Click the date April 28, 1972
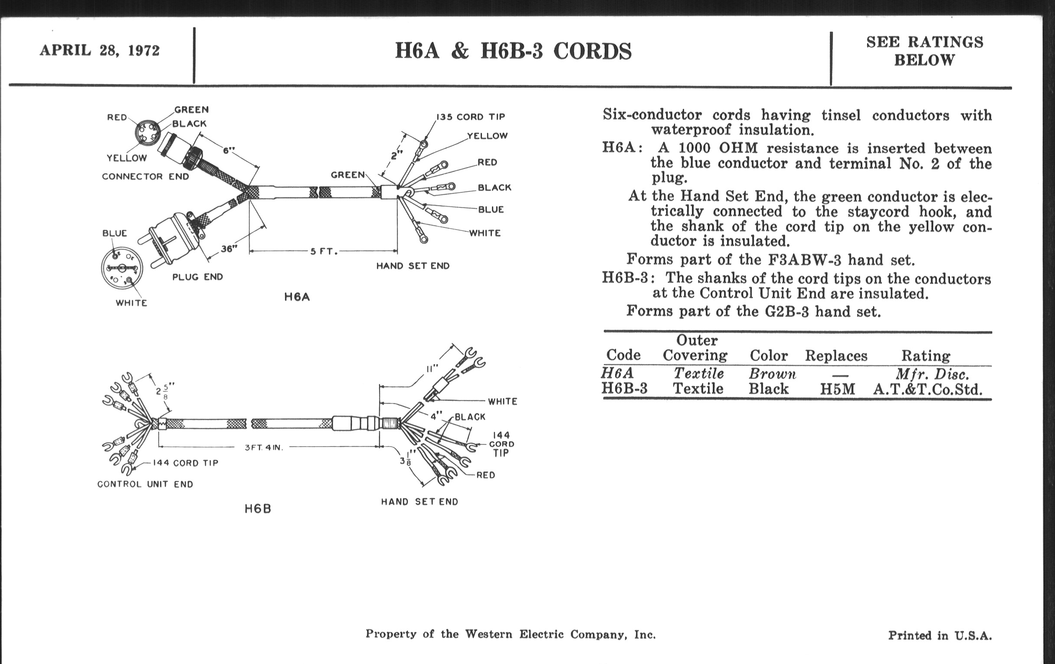(99, 50)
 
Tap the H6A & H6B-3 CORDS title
(513, 51)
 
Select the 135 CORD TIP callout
(471, 117)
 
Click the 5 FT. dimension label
(324, 252)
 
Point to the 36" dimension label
(229, 249)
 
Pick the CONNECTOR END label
(145, 177)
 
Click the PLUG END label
(197, 277)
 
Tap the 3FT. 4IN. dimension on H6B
(264, 447)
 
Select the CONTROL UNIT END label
(145, 484)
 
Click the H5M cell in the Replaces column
(837, 389)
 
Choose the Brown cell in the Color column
(772, 374)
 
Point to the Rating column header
(925, 355)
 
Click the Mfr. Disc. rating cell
(931, 374)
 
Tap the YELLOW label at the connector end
(127, 158)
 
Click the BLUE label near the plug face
(115, 233)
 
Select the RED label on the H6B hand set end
(486, 475)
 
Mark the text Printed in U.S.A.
(940, 635)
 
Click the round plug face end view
(122, 268)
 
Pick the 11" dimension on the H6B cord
(432, 368)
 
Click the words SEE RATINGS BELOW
(924, 51)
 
